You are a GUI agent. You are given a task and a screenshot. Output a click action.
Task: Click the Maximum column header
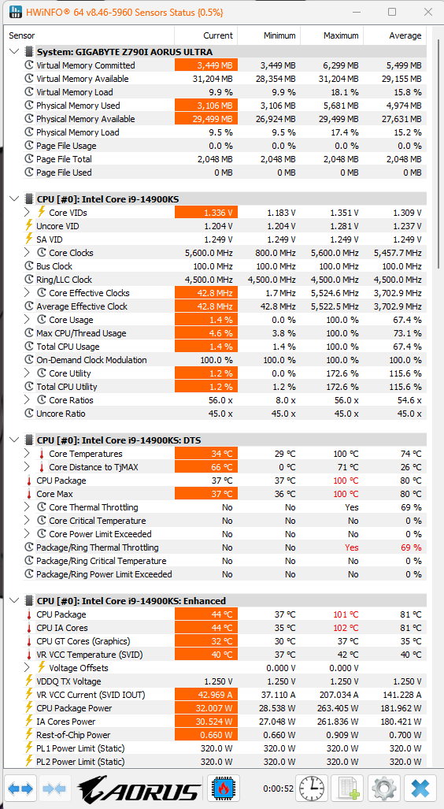pyautogui.click(x=341, y=35)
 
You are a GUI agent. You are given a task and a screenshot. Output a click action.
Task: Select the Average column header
pyautogui.click(x=405, y=35)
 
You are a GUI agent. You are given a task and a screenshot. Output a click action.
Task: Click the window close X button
pyautogui.click(x=427, y=12)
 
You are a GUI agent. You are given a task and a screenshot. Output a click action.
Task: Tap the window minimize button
pyautogui.click(x=357, y=12)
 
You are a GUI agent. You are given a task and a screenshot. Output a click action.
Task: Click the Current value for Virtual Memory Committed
pyautogui.click(x=206, y=65)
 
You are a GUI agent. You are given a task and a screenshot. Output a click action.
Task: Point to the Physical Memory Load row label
pyautogui.click(x=77, y=132)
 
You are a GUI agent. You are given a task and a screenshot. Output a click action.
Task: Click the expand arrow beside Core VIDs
pyautogui.click(x=28, y=212)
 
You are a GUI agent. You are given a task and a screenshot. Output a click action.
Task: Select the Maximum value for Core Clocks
pyautogui.click(x=335, y=253)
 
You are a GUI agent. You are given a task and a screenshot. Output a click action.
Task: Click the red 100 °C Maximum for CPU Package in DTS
pyautogui.click(x=345, y=481)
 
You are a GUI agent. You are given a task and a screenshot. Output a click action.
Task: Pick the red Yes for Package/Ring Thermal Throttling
pyautogui.click(x=352, y=547)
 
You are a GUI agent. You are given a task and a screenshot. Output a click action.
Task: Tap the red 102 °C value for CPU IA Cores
pyautogui.click(x=345, y=628)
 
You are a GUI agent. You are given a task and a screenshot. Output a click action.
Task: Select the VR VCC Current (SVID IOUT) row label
pyautogui.click(x=91, y=695)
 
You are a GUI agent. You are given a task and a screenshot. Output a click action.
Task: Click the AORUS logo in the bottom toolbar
pyautogui.click(x=139, y=789)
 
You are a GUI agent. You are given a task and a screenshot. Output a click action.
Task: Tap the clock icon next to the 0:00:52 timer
pyautogui.click(x=313, y=789)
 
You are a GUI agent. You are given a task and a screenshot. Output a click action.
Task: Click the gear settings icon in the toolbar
pyautogui.click(x=383, y=789)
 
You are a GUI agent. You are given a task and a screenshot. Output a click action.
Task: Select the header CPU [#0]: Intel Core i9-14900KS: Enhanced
pyautogui.click(x=131, y=600)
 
